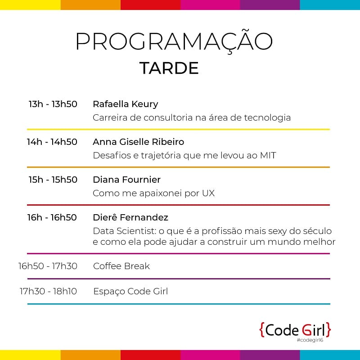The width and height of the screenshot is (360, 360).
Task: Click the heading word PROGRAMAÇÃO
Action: pos(174,42)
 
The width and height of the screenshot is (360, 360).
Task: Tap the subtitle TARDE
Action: pos(169,68)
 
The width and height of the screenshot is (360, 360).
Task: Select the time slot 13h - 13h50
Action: pos(53,104)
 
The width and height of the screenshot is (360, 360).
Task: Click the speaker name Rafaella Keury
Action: pos(125,104)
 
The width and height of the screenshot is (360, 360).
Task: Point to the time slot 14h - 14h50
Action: pos(52,142)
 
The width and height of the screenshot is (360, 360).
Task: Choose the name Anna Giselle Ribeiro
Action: pos(138,142)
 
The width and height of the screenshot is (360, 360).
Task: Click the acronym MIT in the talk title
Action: pos(268,156)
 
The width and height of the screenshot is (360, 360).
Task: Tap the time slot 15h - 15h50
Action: pos(53,180)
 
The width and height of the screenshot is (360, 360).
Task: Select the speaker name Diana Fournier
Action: pos(126,180)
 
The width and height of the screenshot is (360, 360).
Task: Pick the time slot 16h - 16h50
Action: pos(52,217)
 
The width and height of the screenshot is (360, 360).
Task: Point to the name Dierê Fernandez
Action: pos(130,217)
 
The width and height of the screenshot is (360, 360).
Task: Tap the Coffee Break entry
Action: pos(121,266)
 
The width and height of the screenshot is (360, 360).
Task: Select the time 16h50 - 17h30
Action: pos(48,266)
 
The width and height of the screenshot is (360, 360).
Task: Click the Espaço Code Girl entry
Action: pos(130,291)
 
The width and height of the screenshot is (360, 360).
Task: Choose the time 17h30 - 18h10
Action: pos(48,291)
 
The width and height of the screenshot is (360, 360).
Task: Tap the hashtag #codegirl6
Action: pos(310,340)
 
